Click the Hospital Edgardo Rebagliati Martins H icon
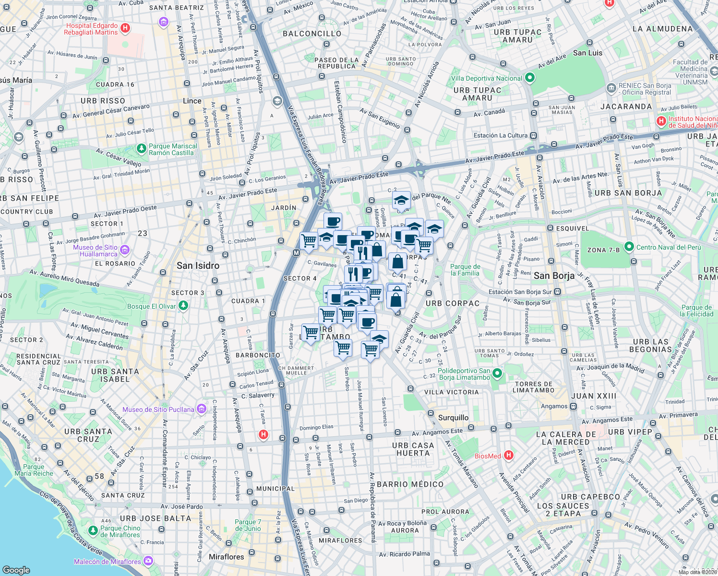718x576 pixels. click(x=125, y=28)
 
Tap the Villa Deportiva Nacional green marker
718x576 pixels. click(x=530, y=78)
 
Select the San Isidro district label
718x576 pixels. click(x=198, y=265)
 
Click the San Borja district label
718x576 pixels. click(x=554, y=276)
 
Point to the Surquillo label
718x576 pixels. click(x=453, y=418)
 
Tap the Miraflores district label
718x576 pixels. click(x=226, y=557)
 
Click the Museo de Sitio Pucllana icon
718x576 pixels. click(x=202, y=409)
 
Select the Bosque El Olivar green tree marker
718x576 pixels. click(x=183, y=306)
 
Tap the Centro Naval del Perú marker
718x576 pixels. click(x=629, y=247)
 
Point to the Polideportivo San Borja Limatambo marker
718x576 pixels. click(x=497, y=373)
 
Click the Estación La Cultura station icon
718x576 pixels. click(x=534, y=136)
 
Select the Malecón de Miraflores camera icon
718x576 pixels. click(x=148, y=561)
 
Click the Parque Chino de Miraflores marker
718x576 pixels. click(x=93, y=531)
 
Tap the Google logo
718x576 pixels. click(x=16, y=570)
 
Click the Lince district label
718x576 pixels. click(x=192, y=101)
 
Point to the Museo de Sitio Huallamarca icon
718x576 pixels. click(x=125, y=250)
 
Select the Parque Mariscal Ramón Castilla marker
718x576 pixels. click(x=142, y=149)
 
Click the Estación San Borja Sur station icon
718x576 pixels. click(x=558, y=292)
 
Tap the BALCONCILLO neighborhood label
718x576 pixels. click(x=312, y=34)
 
